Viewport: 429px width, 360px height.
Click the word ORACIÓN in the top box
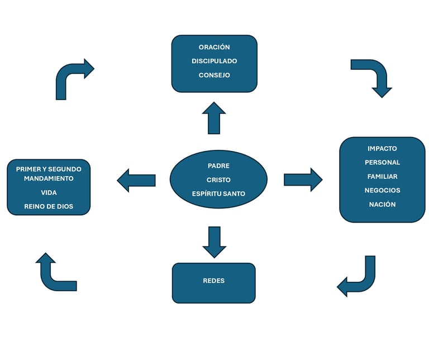[x=214, y=47]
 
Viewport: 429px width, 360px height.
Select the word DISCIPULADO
[x=214, y=61]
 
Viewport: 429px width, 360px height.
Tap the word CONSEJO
[x=214, y=75]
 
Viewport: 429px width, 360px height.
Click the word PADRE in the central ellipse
[x=218, y=165]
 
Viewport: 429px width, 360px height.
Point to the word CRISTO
[x=218, y=180]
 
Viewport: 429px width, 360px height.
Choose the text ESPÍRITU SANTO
[x=218, y=193]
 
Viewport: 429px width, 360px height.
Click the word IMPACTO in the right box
[x=382, y=148]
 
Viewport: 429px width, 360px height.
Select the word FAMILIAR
[x=382, y=177]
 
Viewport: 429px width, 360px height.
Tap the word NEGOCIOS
[x=382, y=190]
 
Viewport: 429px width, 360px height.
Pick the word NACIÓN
[x=382, y=204]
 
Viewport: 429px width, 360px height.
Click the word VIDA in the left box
[x=49, y=192]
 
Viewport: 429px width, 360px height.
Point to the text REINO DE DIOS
[x=49, y=206]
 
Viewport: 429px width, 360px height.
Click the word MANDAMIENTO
[x=49, y=178]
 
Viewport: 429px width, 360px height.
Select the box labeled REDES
[x=214, y=283]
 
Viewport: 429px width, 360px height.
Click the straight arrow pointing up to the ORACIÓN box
[x=214, y=118]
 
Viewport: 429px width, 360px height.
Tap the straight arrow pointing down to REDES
[x=214, y=242]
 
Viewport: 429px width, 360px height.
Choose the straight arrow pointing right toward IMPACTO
[x=303, y=180]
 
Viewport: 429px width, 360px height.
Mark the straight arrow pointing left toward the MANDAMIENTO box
[x=136, y=181]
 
